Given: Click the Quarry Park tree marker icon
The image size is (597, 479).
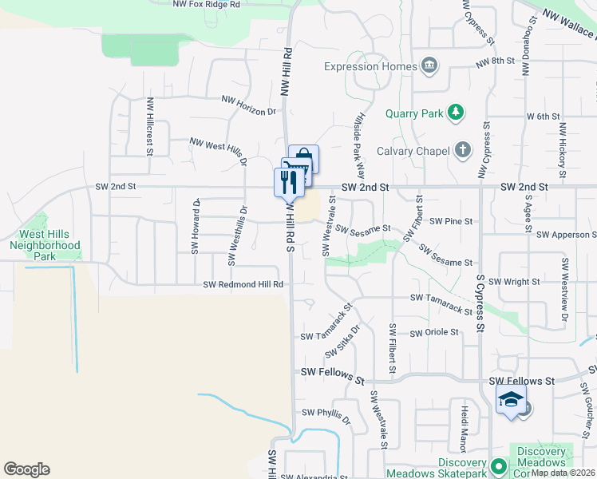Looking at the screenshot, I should pyautogui.click(x=456, y=113).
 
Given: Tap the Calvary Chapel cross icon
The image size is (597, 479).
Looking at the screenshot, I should pyautogui.click(x=462, y=149).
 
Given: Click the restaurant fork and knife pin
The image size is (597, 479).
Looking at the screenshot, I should pyautogui.click(x=288, y=182).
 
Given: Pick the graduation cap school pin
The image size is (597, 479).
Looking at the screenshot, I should pyautogui.click(x=511, y=401).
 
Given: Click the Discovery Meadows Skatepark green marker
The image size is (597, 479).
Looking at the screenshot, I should pyautogui.click(x=500, y=465).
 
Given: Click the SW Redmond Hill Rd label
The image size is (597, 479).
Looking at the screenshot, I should pyautogui.click(x=243, y=284).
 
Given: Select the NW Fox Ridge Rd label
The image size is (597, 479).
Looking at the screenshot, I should pyautogui.click(x=206, y=5).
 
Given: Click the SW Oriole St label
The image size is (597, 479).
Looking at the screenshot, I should pyautogui.click(x=435, y=332).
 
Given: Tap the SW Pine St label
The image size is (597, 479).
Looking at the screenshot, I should pyautogui.click(x=452, y=221).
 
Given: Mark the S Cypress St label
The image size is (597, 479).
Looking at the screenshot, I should pyautogui.click(x=480, y=303).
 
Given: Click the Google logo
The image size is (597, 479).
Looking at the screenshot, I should pyautogui.click(x=26, y=469).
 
